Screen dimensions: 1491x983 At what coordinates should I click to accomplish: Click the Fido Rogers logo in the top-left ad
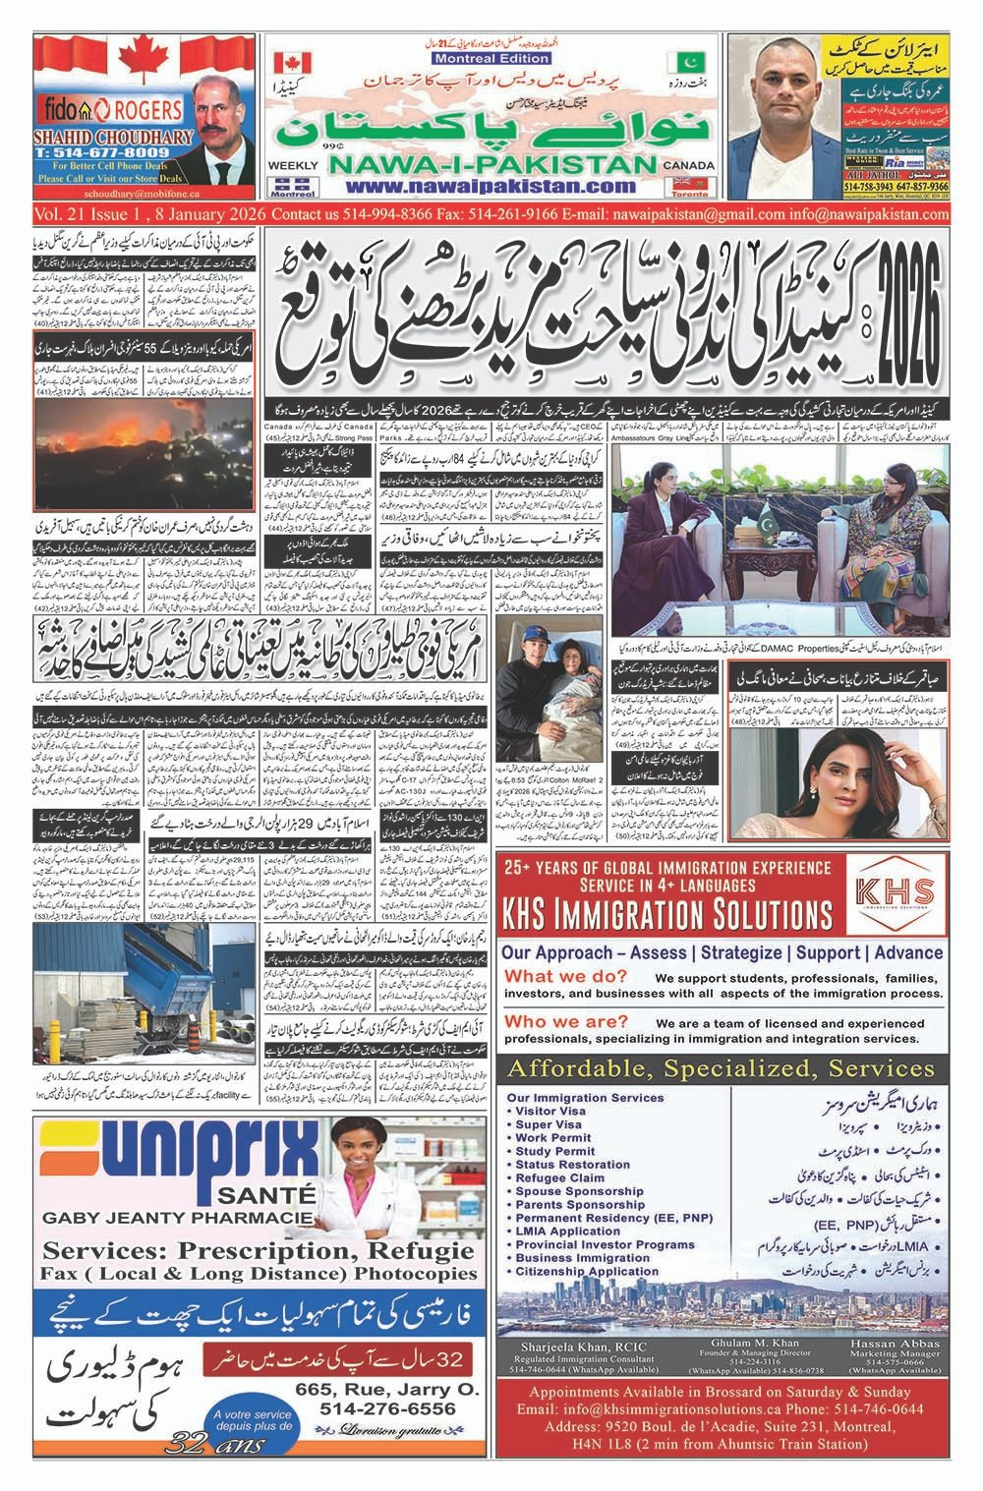point(93,106)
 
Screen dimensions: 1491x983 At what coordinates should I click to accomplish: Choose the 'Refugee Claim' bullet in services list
point(559,1177)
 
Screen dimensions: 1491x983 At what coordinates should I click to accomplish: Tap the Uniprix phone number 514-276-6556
point(387,1408)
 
